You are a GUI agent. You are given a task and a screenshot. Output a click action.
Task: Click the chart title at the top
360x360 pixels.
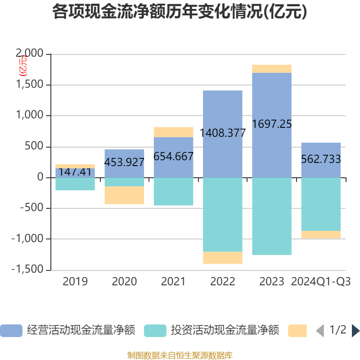pyautogui.click(x=180, y=12)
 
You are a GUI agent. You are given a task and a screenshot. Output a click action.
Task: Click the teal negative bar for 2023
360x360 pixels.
pyautogui.click(x=271, y=216)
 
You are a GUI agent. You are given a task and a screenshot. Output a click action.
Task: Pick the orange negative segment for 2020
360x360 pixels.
pyautogui.click(x=124, y=195)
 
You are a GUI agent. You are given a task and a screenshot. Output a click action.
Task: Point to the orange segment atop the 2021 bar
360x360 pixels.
pyautogui.click(x=173, y=132)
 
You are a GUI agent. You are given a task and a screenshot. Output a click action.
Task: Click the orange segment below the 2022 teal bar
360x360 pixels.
pyautogui.click(x=223, y=258)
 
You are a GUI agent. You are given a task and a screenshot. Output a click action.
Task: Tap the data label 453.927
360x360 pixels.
pyautogui.click(x=124, y=162)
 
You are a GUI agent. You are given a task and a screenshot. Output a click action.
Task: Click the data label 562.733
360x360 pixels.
pyautogui.click(x=321, y=159)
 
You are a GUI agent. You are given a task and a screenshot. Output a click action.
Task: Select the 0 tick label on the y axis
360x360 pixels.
pyautogui.click(x=40, y=177)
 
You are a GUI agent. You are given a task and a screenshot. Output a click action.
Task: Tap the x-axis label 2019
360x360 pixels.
pyautogui.click(x=75, y=282)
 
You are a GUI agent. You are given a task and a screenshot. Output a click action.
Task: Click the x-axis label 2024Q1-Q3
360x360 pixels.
pyautogui.click(x=321, y=282)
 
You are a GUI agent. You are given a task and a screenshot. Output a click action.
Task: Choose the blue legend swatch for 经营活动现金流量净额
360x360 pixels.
pyautogui.click(x=11, y=331)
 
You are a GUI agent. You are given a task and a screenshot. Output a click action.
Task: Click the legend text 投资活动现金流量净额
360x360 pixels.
pyautogui.click(x=225, y=331)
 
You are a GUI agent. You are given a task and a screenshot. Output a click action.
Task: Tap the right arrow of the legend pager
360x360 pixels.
pyautogui.click(x=355, y=331)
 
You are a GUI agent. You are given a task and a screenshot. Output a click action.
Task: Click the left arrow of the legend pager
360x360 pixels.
pyautogui.click(x=320, y=331)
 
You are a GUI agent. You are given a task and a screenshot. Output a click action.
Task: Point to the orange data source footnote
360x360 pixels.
pyautogui.click(x=180, y=355)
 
